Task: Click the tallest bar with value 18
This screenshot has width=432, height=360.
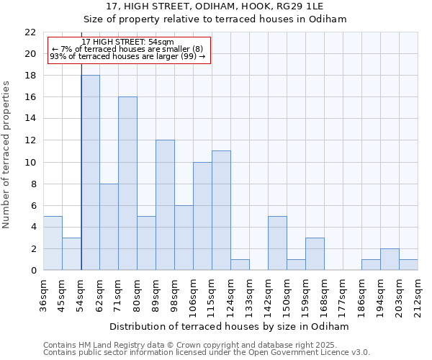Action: click(90, 173)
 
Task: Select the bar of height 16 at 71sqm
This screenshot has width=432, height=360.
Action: click(127, 184)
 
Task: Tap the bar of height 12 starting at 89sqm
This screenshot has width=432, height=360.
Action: click(165, 205)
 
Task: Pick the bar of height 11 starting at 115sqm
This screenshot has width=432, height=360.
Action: click(221, 210)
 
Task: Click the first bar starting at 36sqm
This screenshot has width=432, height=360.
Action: click(53, 243)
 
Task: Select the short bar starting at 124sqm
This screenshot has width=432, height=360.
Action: click(240, 265)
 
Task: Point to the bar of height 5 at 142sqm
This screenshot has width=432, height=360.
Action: click(277, 243)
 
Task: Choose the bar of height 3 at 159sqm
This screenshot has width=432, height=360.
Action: click(315, 254)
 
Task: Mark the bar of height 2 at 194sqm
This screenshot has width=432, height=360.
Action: click(390, 259)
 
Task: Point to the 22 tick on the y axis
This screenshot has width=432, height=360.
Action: click(30, 32)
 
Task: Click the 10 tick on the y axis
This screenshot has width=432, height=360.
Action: click(30, 162)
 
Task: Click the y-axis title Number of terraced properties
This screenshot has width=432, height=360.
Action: click(6, 155)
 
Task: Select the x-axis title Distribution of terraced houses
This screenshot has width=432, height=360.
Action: click(230, 326)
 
